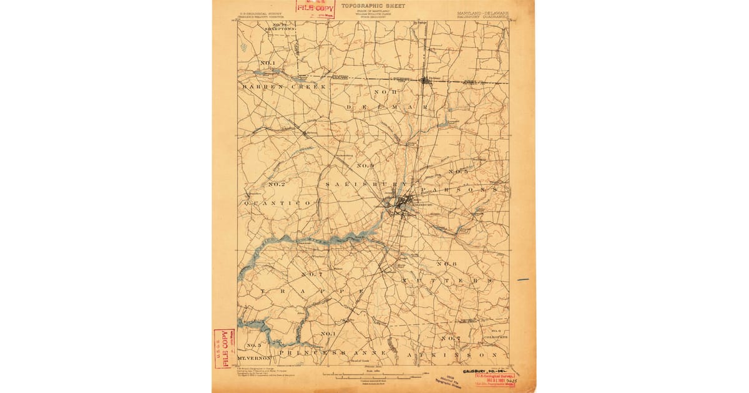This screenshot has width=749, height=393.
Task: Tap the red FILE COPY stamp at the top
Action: coord(316,9)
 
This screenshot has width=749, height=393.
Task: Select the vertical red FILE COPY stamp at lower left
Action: coord(221,347)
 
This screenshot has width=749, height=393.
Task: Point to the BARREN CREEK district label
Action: coord(284,87)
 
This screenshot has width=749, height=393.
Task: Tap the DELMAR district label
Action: coord(386,107)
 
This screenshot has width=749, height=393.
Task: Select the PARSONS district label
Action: coord(458,188)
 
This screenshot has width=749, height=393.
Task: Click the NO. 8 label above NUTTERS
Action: coord(447,264)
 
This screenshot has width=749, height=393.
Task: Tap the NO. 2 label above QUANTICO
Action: coord(277,185)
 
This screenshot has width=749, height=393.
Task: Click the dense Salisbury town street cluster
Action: coord(401,205)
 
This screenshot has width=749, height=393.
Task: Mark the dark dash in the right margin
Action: coord(523,279)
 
